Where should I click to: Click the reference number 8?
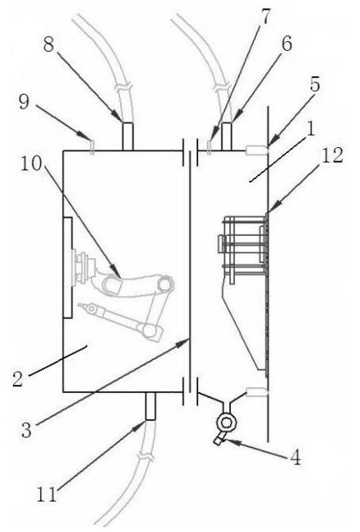tap(48, 44)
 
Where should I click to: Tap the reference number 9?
tap(24, 102)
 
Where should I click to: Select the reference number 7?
tap(264, 16)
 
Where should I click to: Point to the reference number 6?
tap(287, 44)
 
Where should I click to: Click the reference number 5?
tap(315, 84)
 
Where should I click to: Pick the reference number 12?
tap(332, 155)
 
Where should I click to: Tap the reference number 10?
tap(31, 164)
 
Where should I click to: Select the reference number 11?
tap(47, 495)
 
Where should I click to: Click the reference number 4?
tap(296, 458)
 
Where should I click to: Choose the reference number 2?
tap(17, 378)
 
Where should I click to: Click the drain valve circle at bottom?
tap(227, 422)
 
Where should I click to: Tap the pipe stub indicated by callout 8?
tap(127, 136)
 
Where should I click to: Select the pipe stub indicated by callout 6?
tap(227, 136)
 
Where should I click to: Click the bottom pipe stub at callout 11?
tap(150, 406)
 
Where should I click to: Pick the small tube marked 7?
tap(209, 147)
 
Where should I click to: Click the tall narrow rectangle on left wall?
tap(67, 268)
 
